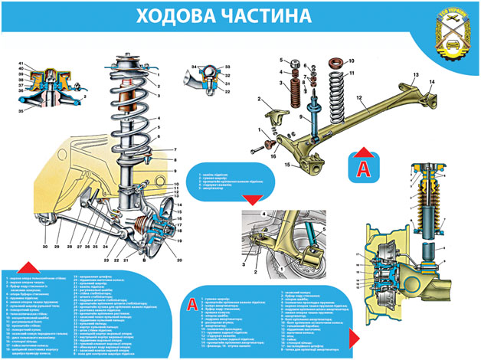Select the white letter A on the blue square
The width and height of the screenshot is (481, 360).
tap(368, 165)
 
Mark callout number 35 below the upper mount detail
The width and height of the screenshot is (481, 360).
tap(22, 112)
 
